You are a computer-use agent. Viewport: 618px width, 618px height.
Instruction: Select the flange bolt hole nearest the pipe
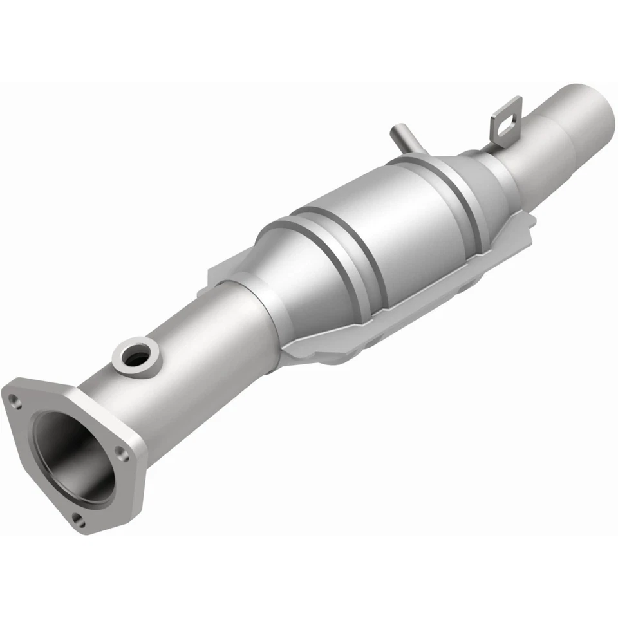(126, 454)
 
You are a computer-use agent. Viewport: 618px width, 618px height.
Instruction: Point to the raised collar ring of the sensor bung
(119, 351)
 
